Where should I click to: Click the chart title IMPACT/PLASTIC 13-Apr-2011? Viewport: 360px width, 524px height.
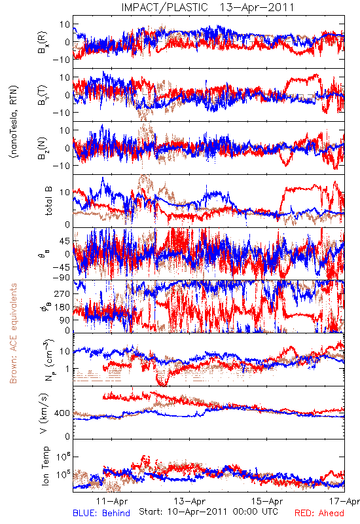pyautogui.click(x=207, y=7)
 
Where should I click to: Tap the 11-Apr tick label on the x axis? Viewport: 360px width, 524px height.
pyautogui.click(x=112, y=501)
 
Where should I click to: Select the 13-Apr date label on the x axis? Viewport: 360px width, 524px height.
pyautogui.click(x=190, y=501)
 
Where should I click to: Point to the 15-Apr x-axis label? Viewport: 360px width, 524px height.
pyautogui.click(x=267, y=501)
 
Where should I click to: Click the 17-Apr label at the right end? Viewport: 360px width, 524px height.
pyautogui.click(x=344, y=501)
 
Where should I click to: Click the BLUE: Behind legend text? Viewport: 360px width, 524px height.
pyautogui.click(x=101, y=513)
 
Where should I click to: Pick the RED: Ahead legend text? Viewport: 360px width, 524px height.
pyautogui.click(x=319, y=513)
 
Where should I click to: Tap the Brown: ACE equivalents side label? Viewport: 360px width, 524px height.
pyautogui.click(x=13, y=333)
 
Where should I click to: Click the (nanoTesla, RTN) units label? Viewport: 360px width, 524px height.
pyautogui.click(x=14, y=122)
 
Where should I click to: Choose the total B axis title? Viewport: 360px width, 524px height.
pyautogui.click(x=48, y=200)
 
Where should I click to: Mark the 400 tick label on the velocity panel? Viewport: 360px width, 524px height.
pyautogui.click(x=62, y=413)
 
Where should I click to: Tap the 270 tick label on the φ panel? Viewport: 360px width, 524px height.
pyautogui.click(x=62, y=293)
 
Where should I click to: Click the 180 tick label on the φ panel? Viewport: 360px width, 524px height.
pyautogui.click(x=62, y=307)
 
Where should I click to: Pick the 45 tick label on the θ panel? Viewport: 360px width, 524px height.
pyautogui.click(x=65, y=241)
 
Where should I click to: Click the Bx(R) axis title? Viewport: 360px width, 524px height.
pyautogui.click(x=43, y=43)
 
